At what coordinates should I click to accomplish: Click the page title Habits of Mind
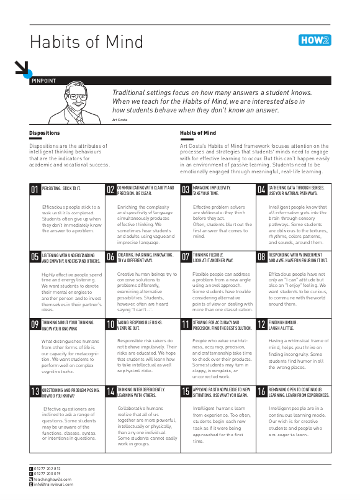pos(86,42)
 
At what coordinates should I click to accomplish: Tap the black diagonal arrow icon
pos(22,68)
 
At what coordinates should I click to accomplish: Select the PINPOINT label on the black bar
pos(43,81)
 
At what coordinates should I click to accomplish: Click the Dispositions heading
pos(45,133)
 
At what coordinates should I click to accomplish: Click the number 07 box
pos(186,257)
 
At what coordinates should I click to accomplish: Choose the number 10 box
pos(110,324)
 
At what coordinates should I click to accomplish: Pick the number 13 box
pos(35,391)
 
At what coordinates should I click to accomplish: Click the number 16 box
pos(262,391)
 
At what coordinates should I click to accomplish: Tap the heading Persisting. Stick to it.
pos(61,187)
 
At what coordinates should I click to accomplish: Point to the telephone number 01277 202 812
pos(48,468)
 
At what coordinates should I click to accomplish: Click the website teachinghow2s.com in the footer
pos(53,479)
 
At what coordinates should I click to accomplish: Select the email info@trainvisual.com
pos(53,484)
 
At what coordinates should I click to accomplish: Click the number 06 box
pos(110,257)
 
